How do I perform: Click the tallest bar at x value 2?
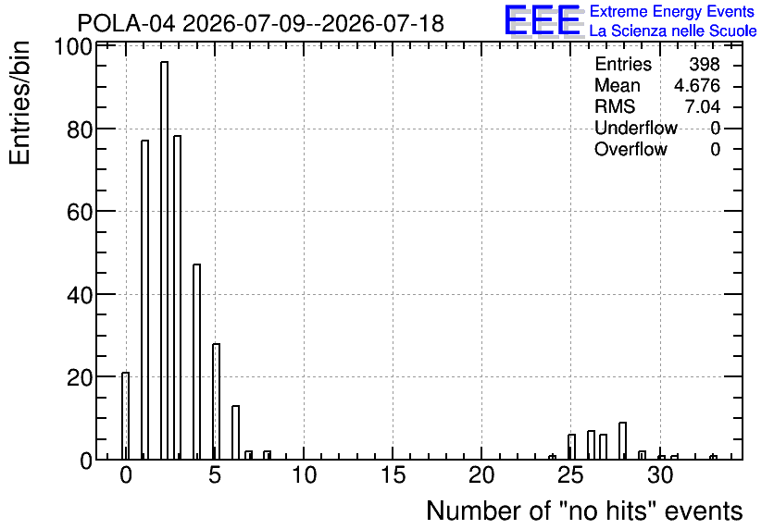[x=164, y=260]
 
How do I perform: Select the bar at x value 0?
[x=125, y=416]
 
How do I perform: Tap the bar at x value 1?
[x=144, y=300]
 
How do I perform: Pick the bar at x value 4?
[x=196, y=362]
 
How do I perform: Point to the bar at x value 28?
[x=622, y=441]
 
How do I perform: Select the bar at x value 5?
[x=216, y=401]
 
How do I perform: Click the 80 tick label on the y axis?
[x=79, y=130]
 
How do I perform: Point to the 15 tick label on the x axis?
[x=393, y=475]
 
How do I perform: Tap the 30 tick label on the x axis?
[x=660, y=475]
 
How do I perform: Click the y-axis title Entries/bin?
[x=19, y=103]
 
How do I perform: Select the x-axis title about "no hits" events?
[x=584, y=511]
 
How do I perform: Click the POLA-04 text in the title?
[x=126, y=23]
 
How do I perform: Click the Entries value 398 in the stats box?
[x=705, y=64]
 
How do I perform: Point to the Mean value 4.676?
[x=697, y=85]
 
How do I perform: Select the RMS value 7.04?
[x=702, y=106]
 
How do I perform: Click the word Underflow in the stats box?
[x=636, y=128]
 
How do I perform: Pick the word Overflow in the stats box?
[x=630, y=149]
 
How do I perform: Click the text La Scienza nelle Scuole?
[x=673, y=31]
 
